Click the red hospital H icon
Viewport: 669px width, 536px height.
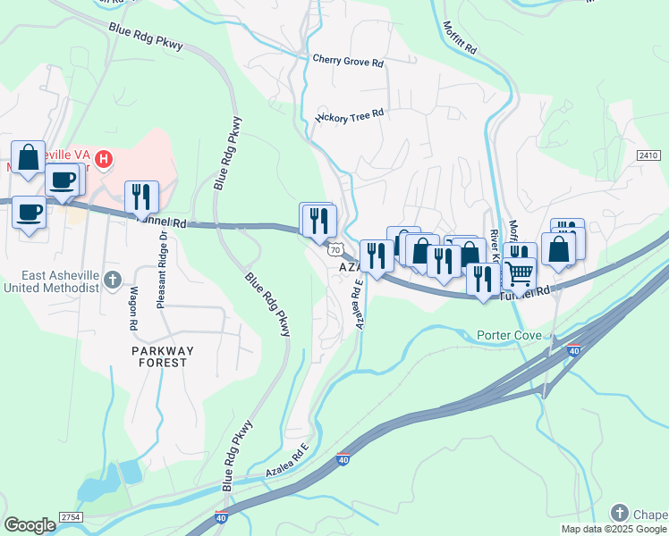pyautogui.click(x=104, y=160)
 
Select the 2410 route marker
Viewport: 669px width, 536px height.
pyautogui.click(x=648, y=155)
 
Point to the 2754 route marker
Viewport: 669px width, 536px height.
pyautogui.click(x=71, y=517)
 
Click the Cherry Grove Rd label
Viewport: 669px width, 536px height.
pyautogui.click(x=348, y=62)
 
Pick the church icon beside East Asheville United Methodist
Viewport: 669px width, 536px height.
pyautogui.click(x=113, y=281)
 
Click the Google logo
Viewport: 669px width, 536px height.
pyautogui.click(x=30, y=525)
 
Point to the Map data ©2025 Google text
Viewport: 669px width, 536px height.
pyautogui.click(x=614, y=529)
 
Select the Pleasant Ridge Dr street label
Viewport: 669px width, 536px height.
pyautogui.click(x=163, y=270)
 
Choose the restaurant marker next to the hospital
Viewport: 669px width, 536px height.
pyautogui.click(x=141, y=196)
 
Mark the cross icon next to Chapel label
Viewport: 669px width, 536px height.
pyautogui.click(x=620, y=513)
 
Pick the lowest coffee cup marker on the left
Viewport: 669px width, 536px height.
pyautogui.click(x=30, y=213)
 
